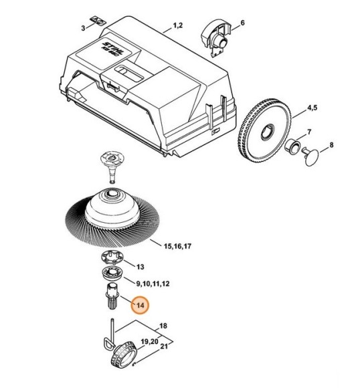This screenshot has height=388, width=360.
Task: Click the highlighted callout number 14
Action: tap(140, 305)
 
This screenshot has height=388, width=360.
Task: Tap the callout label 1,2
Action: tap(177, 25)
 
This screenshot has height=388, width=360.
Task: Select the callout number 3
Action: tap(83, 28)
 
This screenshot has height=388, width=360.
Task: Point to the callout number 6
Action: tap(242, 23)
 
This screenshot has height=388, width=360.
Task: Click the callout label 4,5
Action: tap(312, 108)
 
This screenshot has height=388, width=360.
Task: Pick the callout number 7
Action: tap(309, 132)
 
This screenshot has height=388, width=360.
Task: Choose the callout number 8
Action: tap(331, 144)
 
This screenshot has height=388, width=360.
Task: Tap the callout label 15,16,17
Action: tap(177, 246)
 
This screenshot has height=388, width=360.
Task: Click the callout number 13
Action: tap(140, 267)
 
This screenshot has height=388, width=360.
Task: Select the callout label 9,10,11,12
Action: tap(153, 284)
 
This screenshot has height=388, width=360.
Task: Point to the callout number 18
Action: tap(163, 326)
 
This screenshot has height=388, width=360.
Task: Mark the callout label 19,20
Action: tap(149, 342)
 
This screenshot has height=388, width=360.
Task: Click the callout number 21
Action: tap(164, 347)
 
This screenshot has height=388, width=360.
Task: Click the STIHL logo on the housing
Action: tap(112, 48)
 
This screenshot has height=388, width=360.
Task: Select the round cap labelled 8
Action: tap(311, 156)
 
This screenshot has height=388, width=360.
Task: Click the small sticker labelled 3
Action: tap(98, 20)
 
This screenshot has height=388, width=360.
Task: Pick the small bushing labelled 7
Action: tap(292, 146)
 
